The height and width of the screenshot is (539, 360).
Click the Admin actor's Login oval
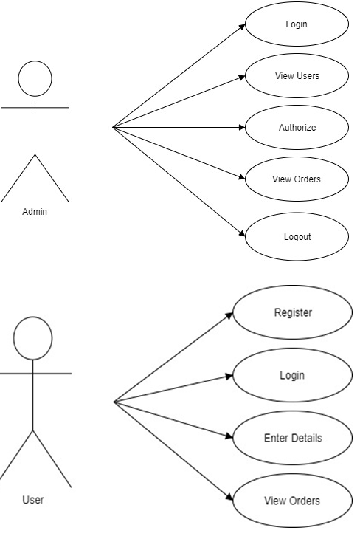pyautogui.click(x=297, y=24)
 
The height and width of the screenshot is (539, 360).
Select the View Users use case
pyautogui.click(x=297, y=75)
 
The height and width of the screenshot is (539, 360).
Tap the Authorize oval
pyautogui.click(x=297, y=128)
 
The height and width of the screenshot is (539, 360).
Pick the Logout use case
pyautogui.click(x=297, y=236)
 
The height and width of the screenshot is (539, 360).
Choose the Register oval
pyautogui.click(x=292, y=312)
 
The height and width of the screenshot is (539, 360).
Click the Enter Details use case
pyautogui.click(x=292, y=438)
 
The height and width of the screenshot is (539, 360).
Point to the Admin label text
pyautogui.click(x=35, y=212)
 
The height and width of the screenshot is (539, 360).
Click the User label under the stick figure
pyautogui.click(x=33, y=500)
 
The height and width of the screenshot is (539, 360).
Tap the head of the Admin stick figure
pyautogui.click(x=35, y=79)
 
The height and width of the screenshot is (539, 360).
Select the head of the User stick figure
pyautogui.click(x=33, y=338)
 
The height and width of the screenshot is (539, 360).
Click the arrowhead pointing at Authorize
pyautogui.click(x=242, y=128)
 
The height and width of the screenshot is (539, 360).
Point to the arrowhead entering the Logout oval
pyautogui.click(x=242, y=233)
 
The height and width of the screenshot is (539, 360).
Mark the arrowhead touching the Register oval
pyautogui.click(x=229, y=315)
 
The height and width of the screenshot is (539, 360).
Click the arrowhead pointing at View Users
pyautogui.click(x=242, y=78)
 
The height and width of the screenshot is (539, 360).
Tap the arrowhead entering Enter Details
pyautogui.click(x=229, y=436)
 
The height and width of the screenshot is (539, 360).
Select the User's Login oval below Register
pyautogui.click(x=292, y=375)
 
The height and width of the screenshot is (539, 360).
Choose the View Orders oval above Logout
pyautogui.click(x=297, y=179)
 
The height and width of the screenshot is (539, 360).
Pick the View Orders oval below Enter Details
pyautogui.click(x=292, y=501)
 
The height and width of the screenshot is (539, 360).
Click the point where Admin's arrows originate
pyautogui.click(x=113, y=128)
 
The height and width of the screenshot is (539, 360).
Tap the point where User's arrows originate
pyautogui.click(x=114, y=402)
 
